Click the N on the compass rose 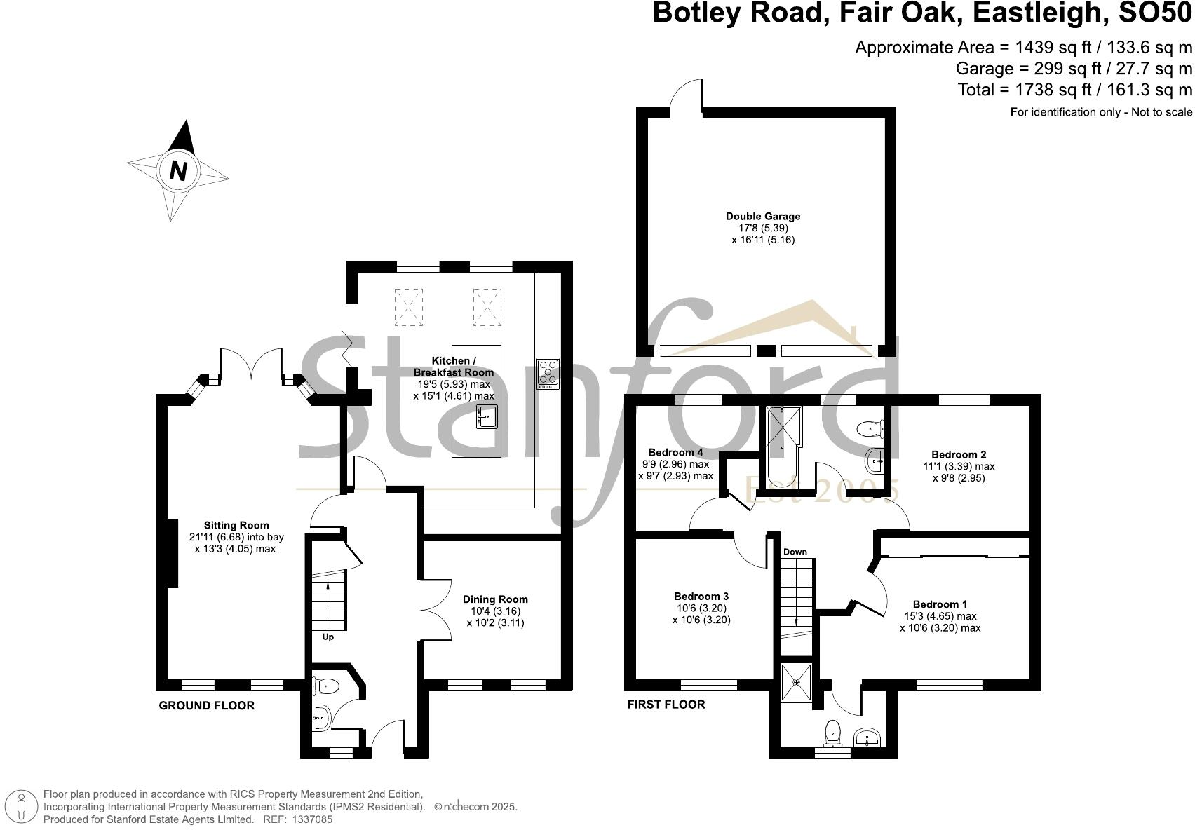click(178, 171)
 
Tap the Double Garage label click(763, 217)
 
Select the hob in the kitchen click(548, 374)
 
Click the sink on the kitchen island click(487, 416)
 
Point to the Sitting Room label click(236, 525)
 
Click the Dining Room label click(495, 599)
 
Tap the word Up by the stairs click(328, 637)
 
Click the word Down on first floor click(795, 552)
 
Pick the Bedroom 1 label click(940, 604)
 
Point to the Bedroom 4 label click(675, 452)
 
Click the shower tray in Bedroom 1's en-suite click(797, 681)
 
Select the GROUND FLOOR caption click(207, 705)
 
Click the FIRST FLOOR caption click(666, 704)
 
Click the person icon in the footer click(22, 806)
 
